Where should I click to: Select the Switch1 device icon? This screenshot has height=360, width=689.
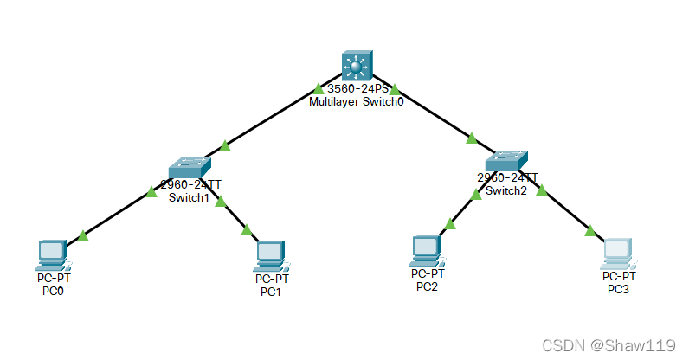[x=188, y=167]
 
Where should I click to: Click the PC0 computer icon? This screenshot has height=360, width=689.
[x=53, y=253]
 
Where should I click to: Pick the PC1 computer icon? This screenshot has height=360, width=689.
[x=271, y=254]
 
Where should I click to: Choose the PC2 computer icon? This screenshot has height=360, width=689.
[x=427, y=249]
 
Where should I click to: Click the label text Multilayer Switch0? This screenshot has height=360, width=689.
[x=356, y=102]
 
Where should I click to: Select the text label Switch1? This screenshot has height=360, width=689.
[x=189, y=197]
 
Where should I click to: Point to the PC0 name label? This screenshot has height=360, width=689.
[x=53, y=291]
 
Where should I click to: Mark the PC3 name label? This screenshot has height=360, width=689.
[x=620, y=289]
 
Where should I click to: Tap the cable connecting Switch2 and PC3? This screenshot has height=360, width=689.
[x=567, y=211]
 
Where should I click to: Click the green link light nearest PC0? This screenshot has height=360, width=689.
[x=83, y=235]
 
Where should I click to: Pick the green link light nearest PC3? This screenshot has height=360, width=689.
[x=590, y=231]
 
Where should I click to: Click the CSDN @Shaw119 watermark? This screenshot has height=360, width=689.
[x=609, y=345]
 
